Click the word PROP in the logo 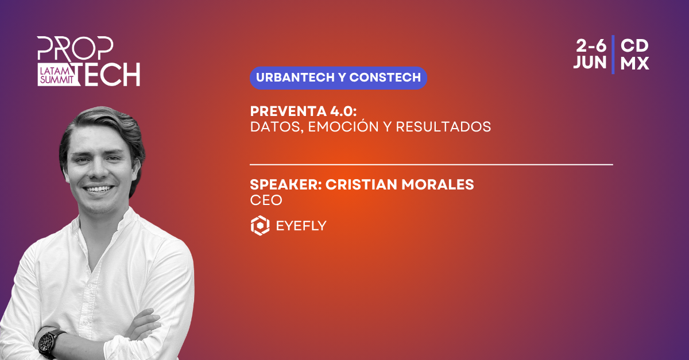click(x=75, y=49)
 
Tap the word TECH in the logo click(x=109, y=74)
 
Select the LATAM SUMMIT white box click(x=57, y=75)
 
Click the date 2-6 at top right click(x=591, y=46)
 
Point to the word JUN click(x=590, y=63)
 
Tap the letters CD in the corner click(x=634, y=46)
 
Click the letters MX click(x=634, y=63)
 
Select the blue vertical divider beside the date click(x=613, y=55)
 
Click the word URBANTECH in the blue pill click(x=295, y=78)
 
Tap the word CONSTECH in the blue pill click(x=385, y=78)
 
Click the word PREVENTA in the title click(x=288, y=111)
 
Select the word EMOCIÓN click(x=343, y=126)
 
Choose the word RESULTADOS click(x=443, y=127)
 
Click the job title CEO click(x=266, y=200)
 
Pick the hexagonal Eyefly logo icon click(x=260, y=226)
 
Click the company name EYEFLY click(x=301, y=226)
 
